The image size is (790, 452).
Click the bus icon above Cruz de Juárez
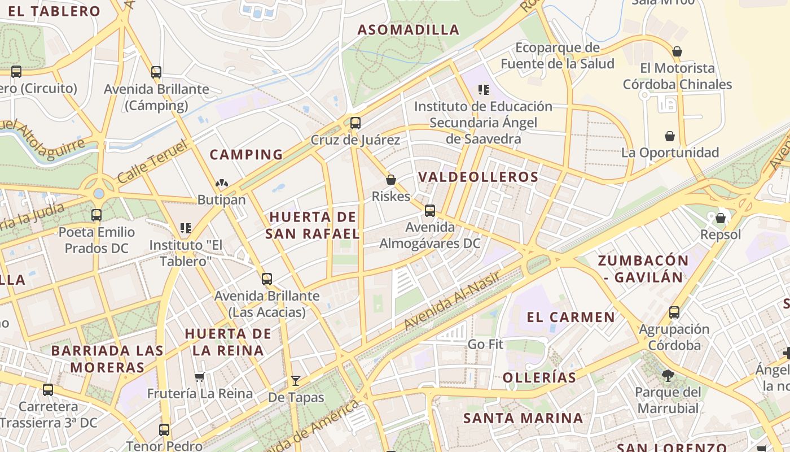[355, 123]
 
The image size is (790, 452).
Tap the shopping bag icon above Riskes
[391, 180]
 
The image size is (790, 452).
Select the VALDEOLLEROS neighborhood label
[479, 177]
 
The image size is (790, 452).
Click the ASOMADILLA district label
[409, 30]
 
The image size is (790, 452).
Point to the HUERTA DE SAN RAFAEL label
[313, 225]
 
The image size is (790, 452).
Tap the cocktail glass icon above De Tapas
[295, 380]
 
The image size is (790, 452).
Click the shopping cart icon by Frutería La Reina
[199, 377]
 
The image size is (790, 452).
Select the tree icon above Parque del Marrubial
[668, 375]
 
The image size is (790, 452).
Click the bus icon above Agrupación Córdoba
[674, 312]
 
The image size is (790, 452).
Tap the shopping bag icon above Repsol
[720, 218]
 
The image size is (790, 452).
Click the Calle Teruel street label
[152, 162]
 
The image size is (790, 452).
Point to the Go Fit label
[485, 344]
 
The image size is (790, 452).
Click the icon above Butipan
[221, 184]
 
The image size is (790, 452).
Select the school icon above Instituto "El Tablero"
[185, 228]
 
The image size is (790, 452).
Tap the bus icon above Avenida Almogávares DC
[430, 211]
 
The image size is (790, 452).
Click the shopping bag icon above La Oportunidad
[670, 136]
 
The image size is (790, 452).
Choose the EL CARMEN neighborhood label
[570, 317]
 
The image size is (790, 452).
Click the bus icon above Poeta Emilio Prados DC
[96, 215]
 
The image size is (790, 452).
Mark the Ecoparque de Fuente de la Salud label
[557, 55]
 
